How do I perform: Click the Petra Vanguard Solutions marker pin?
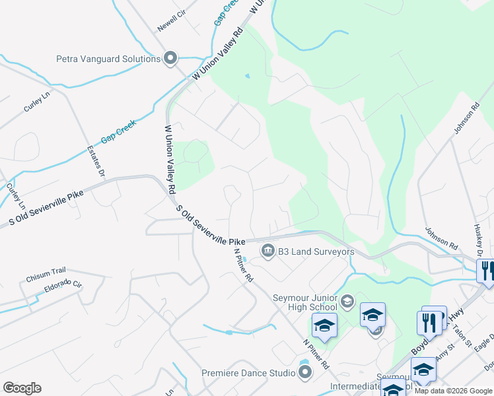(171, 59)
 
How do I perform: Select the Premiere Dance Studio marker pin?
(305, 374)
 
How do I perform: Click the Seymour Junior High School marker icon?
(347, 302)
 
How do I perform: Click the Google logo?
(22, 388)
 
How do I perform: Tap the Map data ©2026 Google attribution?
(454, 391)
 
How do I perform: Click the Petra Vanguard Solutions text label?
(109, 59)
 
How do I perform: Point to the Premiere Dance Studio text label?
(249, 374)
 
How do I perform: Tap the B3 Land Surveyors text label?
(316, 251)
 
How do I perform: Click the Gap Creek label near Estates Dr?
(118, 131)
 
